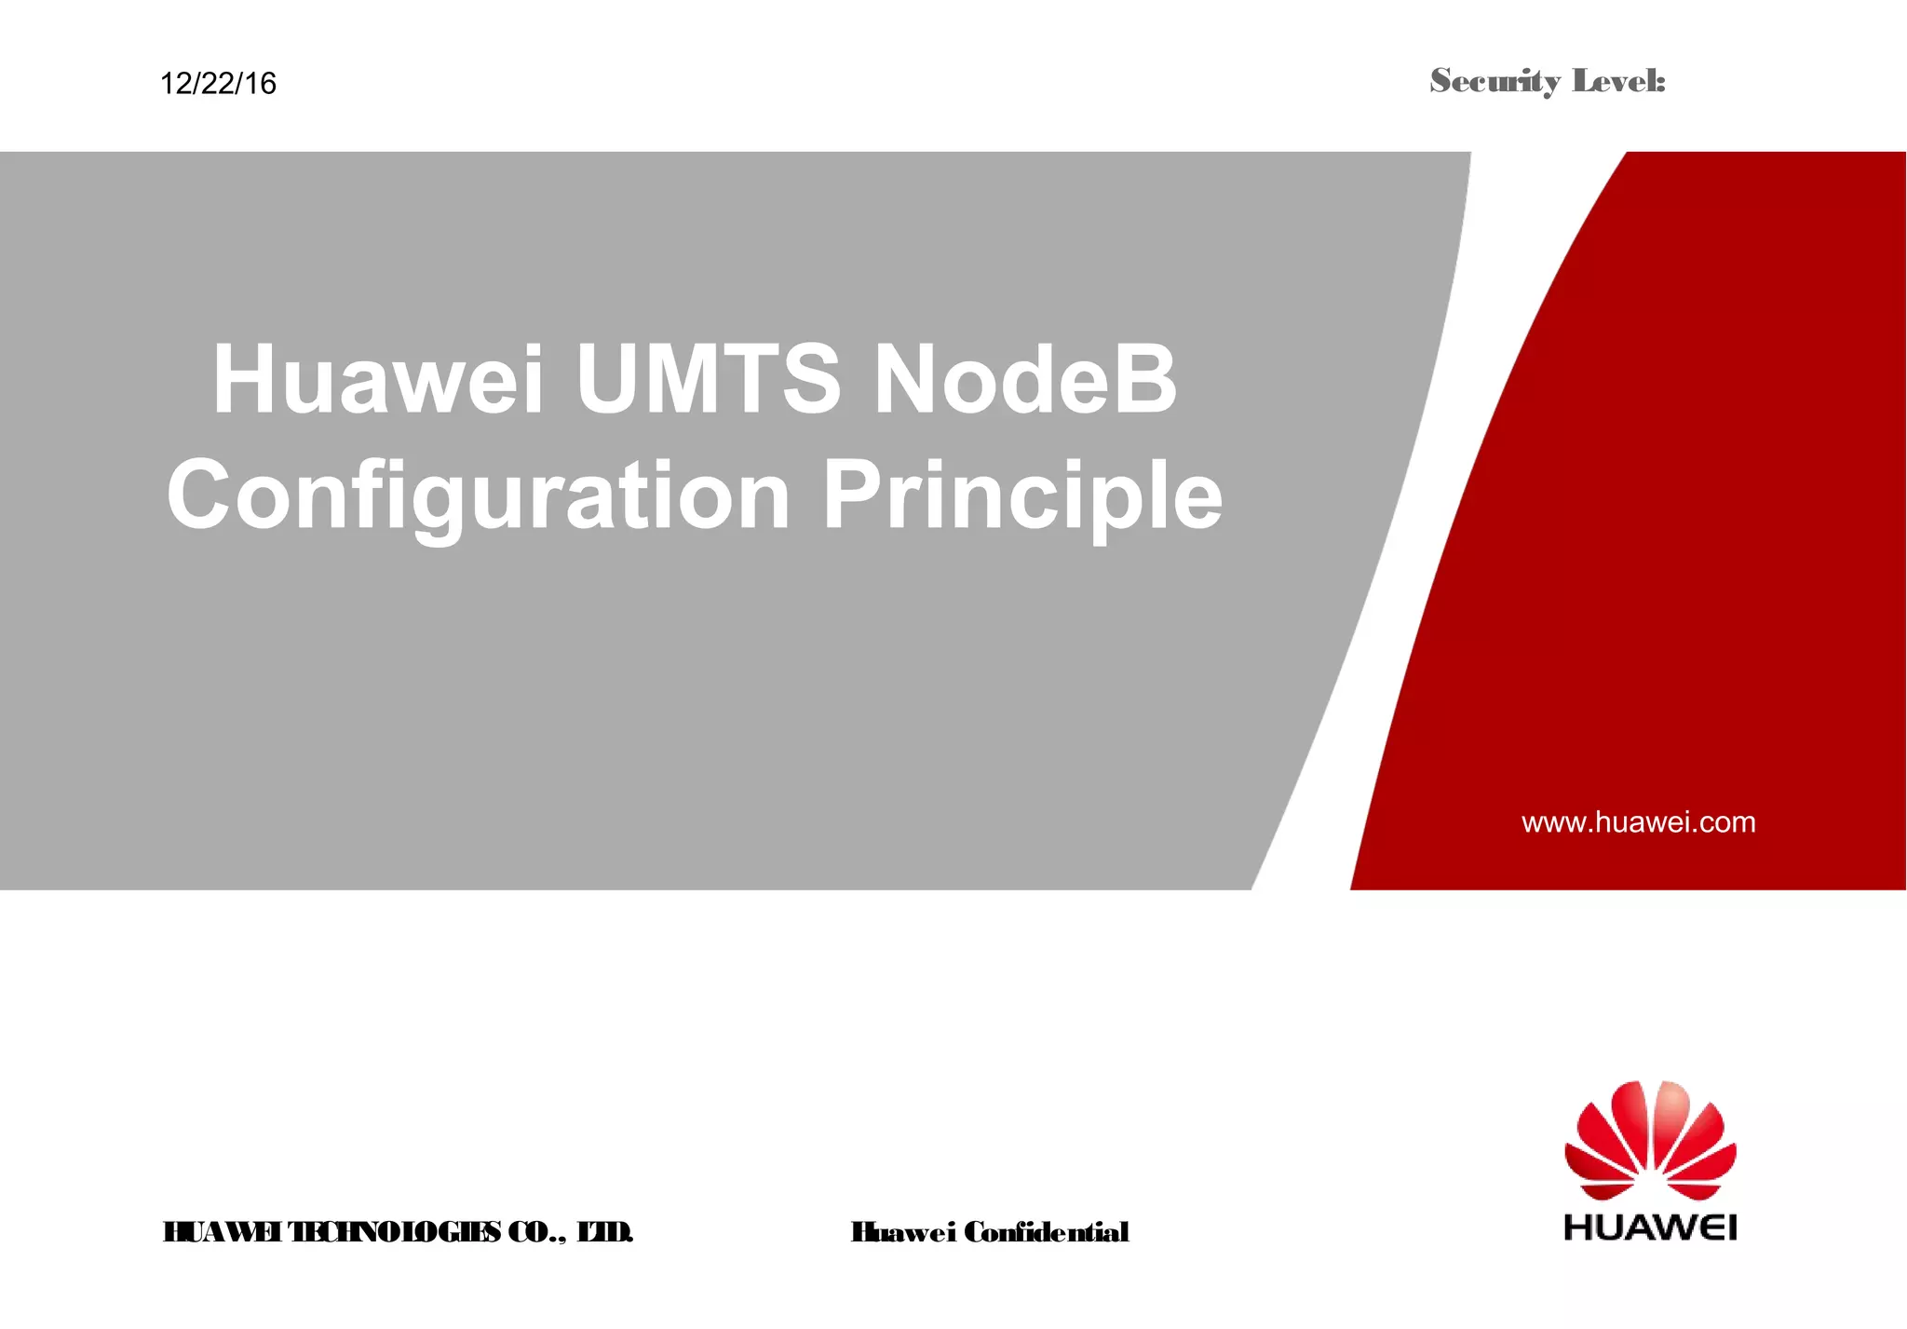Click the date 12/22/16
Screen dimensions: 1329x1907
coord(218,84)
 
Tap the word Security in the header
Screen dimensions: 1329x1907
coord(1494,82)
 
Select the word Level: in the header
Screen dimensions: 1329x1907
coord(1618,82)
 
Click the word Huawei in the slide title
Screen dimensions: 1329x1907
coord(378,380)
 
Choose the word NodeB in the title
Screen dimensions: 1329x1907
coord(1025,380)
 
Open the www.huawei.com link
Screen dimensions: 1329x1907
coord(1638,822)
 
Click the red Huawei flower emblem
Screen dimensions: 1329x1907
coord(1650,1140)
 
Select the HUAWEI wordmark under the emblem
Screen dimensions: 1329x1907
coord(1650,1227)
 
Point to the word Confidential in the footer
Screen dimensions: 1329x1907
coord(1046,1232)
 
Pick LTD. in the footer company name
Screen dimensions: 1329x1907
coord(605,1232)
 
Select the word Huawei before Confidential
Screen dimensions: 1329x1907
coord(902,1232)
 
